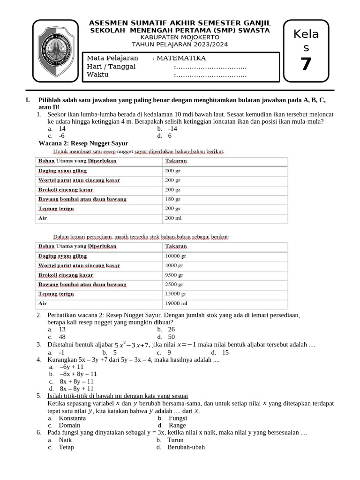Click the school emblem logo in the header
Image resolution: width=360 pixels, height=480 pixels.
coord(56,49)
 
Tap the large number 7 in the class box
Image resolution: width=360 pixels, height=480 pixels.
coord(306,64)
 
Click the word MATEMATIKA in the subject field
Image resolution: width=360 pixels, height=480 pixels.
coord(181,58)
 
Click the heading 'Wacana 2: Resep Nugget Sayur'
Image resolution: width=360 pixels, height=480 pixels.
coord(83,143)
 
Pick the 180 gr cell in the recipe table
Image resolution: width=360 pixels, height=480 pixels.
coord(173,199)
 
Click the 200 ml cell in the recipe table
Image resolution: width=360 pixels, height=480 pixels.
coord(173,218)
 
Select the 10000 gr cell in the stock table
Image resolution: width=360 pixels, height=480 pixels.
coord(176,256)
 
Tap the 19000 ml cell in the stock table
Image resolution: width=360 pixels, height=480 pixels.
coord(176,303)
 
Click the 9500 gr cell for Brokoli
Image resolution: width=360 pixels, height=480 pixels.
coord(174,275)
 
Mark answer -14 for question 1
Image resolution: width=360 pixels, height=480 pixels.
coord(172,128)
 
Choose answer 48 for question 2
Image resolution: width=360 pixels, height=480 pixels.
coord(62,337)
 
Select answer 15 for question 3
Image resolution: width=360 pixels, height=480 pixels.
coord(225,352)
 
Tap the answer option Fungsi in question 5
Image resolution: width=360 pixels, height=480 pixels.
coord(178,418)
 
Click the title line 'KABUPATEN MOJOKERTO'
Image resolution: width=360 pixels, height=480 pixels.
coord(180,37)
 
